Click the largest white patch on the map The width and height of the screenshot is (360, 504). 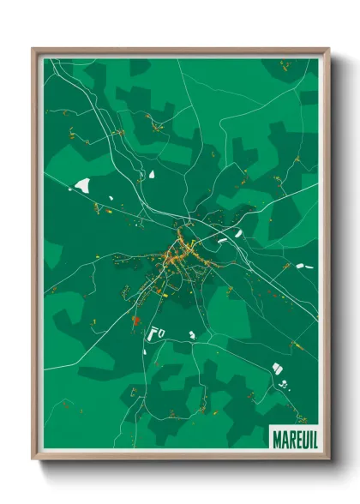pyautogui.click(x=83, y=184)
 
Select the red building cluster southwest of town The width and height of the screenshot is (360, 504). pyautogui.click(x=135, y=321)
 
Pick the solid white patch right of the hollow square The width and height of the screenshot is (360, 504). pyautogui.click(x=191, y=333)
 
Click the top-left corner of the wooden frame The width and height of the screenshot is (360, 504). pyautogui.click(x=33, y=49)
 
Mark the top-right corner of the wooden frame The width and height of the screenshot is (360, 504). pyautogui.click(x=328, y=49)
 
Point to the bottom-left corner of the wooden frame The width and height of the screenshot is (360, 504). pyautogui.click(x=33, y=461)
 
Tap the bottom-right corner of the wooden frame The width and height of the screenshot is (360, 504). pyautogui.click(x=328, y=461)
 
